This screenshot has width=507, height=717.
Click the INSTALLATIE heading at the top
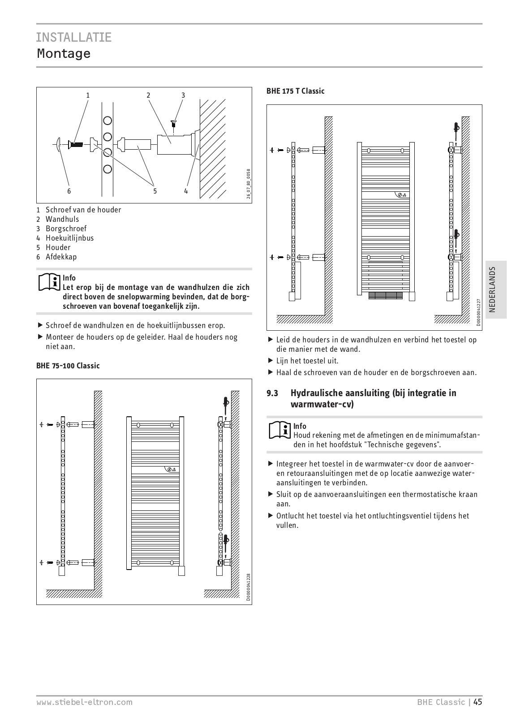coord(74,37)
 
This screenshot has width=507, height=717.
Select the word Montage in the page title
coord(64,54)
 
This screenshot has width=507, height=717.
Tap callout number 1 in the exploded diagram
coord(88,95)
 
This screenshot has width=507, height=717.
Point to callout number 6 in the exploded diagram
coord(69,191)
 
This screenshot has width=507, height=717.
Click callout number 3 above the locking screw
coord(183,95)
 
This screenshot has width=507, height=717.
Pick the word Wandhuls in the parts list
coord(62,219)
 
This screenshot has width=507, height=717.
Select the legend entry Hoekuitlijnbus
coord(69,238)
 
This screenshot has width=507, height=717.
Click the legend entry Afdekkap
coord(61,257)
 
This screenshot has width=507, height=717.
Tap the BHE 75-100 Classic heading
coord(68,366)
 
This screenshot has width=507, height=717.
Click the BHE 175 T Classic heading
coord(296,91)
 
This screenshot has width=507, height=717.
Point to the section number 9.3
coord(272,393)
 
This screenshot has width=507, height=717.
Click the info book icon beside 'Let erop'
coord(49,281)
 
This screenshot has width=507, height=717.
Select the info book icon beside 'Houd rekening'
coord(279,430)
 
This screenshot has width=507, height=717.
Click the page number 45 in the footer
coord(477,702)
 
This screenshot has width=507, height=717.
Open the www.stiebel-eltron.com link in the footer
coord(84,702)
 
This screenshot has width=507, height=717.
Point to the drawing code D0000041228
coord(248,586)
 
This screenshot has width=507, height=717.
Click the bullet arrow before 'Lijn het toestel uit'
coord(271,360)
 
